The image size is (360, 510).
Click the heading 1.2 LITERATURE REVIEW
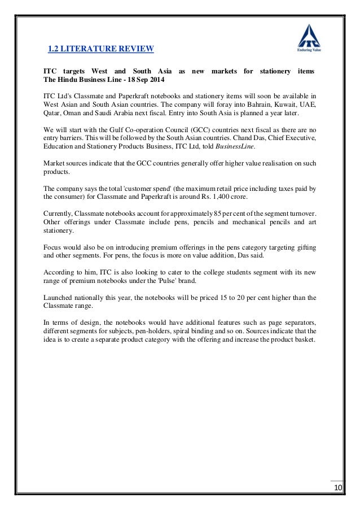point(100,50)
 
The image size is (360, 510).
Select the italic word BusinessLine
point(237,146)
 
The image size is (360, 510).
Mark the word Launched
point(60,297)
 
